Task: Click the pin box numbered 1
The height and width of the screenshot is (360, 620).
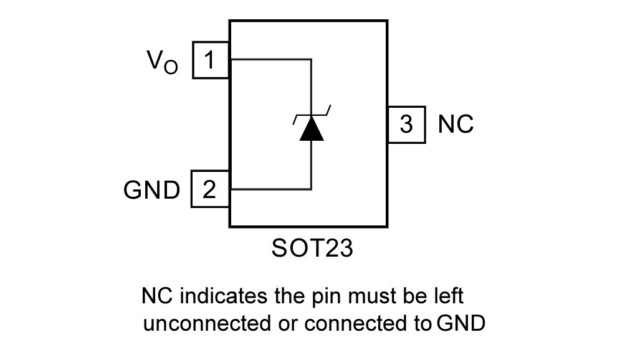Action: (x=211, y=60)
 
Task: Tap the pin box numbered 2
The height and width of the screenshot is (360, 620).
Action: (x=210, y=189)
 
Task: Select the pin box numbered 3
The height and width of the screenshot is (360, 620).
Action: (x=406, y=125)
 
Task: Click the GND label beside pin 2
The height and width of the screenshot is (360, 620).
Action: (x=151, y=190)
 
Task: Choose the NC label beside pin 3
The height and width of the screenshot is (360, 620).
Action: (x=455, y=125)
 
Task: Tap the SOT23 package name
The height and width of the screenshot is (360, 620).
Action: (x=312, y=249)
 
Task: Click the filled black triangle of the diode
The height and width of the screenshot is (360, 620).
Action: (x=311, y=129)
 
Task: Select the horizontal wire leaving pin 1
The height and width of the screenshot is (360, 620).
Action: (x=270, y=60)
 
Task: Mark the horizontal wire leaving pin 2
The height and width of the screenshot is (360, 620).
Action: (x=270, y=189)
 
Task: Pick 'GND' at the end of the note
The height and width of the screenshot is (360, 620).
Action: (x=460, y=324)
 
